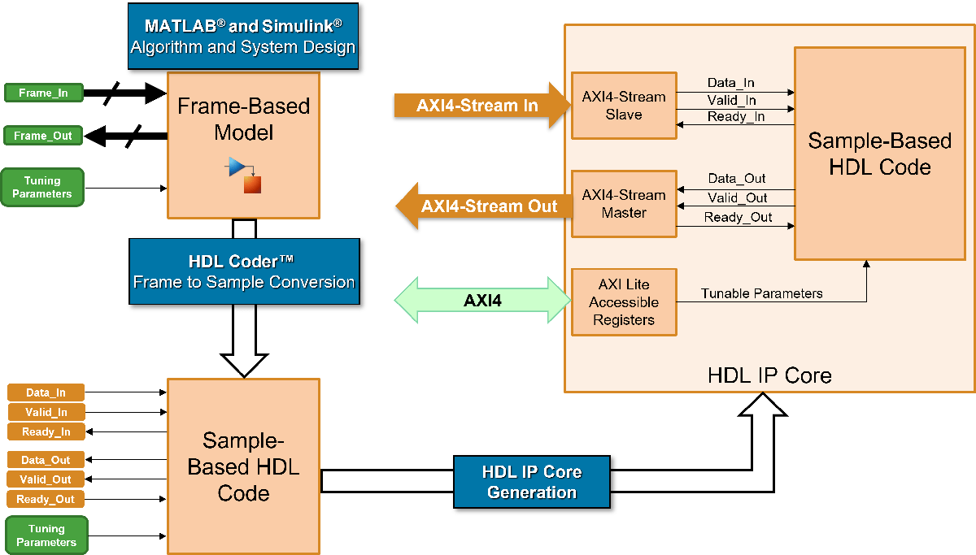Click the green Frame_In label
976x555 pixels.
pos(44,93)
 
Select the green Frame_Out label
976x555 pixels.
pos(44,136)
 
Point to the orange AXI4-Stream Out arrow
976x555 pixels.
pos(479,206)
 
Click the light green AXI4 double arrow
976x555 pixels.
pos(482,301)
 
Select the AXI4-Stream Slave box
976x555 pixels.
pos(624,106)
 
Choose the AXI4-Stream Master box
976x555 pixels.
pos(624,204)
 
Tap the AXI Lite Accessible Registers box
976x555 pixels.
pos(624,301)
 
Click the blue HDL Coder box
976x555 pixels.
pos(244,272)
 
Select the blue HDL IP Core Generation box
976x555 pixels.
pos(532,481)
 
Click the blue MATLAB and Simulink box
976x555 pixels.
pos(243,37)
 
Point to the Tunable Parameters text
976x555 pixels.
pos(762,293)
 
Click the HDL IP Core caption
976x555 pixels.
pos(769,375)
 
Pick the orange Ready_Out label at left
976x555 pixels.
pos(46,499)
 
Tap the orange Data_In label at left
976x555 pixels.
pos(46,393)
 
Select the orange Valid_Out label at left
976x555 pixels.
pos(46,479)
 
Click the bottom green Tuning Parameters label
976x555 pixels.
pos(46,535)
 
